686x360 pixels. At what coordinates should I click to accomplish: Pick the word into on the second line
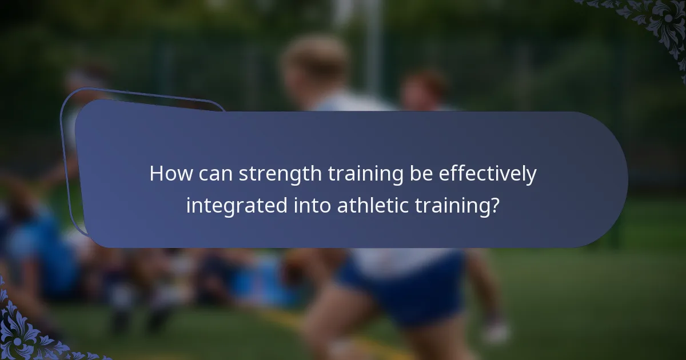coord(312,205)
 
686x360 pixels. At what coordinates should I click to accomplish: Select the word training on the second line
coord(453,206)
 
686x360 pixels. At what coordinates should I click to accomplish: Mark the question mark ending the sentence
coord(495,205)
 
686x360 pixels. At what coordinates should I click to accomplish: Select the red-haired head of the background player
coord(423,86)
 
